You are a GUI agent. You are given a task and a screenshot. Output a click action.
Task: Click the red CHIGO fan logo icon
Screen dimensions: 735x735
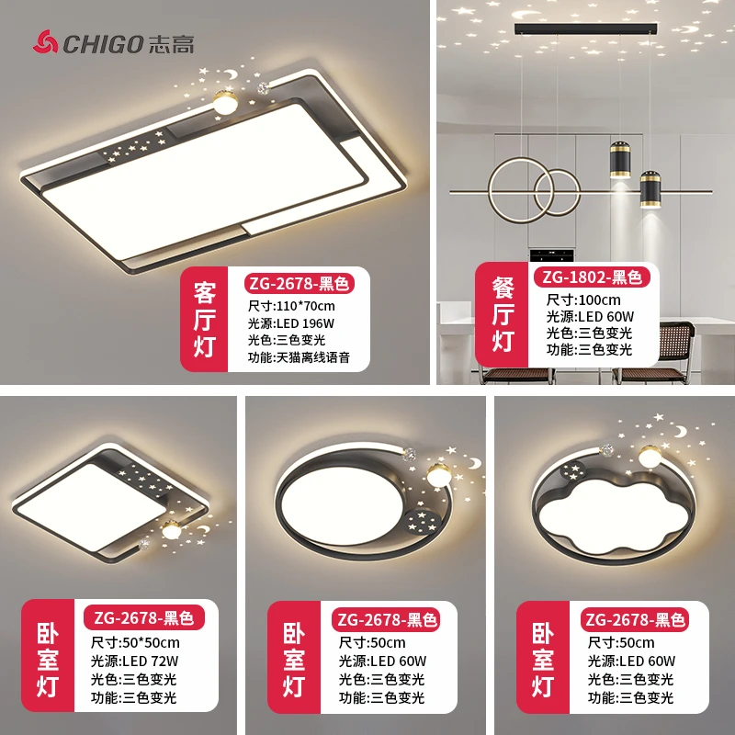[45, 40]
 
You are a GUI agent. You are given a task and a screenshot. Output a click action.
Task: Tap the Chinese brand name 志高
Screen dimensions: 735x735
[170, 41]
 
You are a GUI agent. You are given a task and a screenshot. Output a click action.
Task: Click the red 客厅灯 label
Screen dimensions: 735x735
[204, 319]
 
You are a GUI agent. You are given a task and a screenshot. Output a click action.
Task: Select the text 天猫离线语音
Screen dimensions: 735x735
[312, 356]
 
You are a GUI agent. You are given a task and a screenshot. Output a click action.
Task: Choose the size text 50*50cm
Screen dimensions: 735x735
[149, 642]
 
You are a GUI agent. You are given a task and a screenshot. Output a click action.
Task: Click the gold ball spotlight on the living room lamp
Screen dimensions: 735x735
[223, 100]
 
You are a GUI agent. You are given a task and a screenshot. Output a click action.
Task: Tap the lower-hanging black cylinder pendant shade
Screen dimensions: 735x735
[650, 190]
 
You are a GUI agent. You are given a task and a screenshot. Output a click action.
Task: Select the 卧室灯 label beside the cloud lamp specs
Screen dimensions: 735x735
[543, 660]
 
